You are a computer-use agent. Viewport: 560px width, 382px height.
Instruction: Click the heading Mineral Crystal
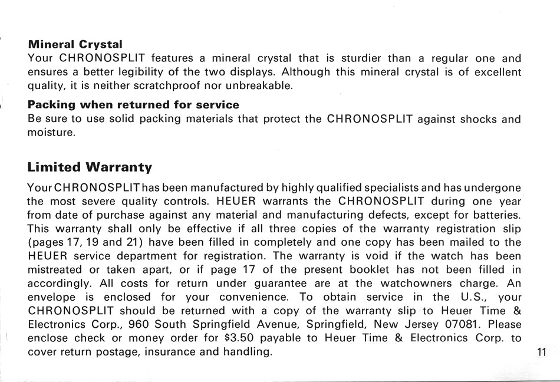(75, 45)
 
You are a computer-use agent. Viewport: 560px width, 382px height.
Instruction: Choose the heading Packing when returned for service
(133, 105)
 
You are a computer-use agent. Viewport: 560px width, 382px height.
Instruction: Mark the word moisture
(51, 133)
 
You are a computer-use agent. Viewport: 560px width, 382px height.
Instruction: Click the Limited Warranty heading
(90, 167)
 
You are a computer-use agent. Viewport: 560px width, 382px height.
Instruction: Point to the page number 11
(542, 353)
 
